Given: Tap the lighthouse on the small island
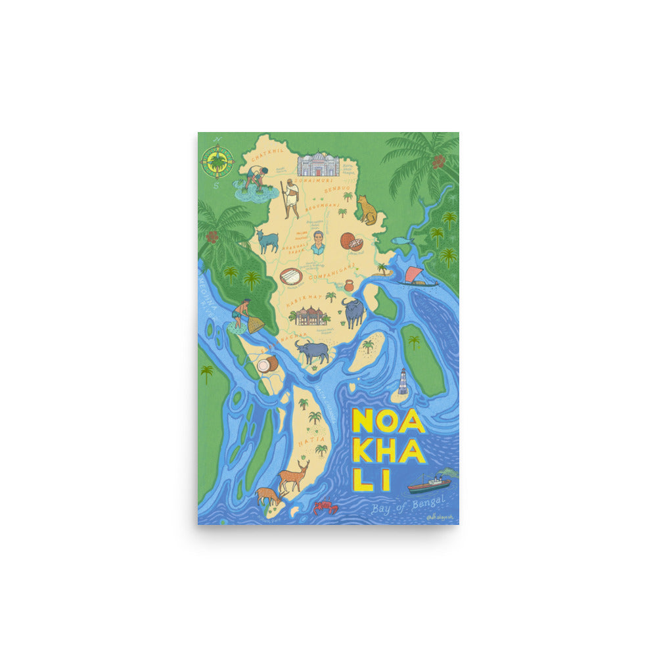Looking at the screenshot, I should (402, 382).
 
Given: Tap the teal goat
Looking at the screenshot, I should (267, 241).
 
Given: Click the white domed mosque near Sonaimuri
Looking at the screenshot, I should (318, 164).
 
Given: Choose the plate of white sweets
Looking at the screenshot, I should (290, 276).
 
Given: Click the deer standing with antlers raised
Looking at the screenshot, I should (293, 475).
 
